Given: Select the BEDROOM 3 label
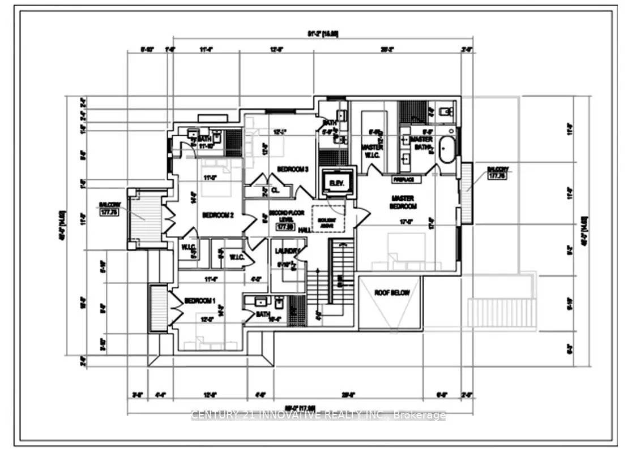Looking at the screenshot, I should [x=293, y=169].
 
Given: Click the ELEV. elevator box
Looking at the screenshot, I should [x=338, y=183].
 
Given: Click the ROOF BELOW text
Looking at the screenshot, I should [x=391, y=293].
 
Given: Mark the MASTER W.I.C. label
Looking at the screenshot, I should [x=372, y=151].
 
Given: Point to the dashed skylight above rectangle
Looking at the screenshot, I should [x=328, y=217].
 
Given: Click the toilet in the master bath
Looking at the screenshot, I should [x=446, y=111].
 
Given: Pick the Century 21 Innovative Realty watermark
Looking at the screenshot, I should [x=318, y=416].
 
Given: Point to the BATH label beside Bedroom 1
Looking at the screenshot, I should [x=263, y=314].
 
